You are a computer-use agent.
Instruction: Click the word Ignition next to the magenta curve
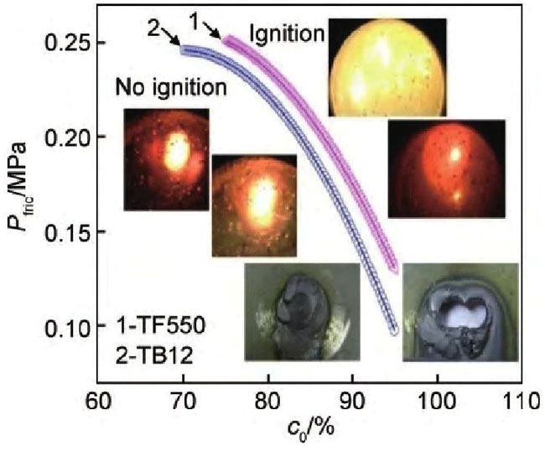point(287,35)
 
